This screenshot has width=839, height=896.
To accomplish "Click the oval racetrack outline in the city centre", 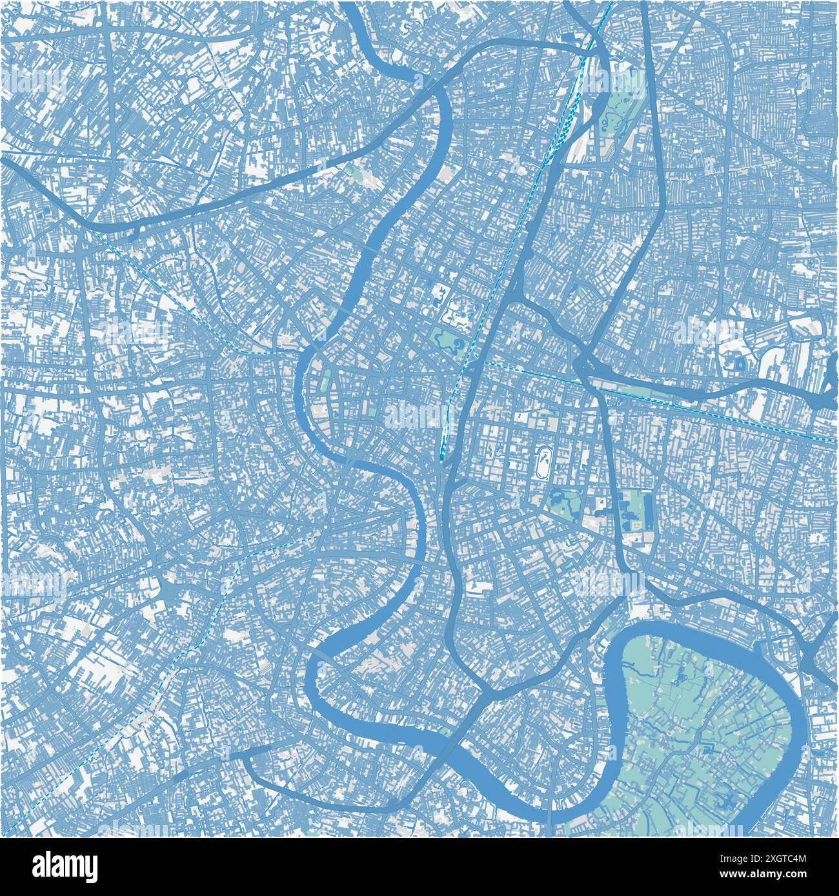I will point(543,462).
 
